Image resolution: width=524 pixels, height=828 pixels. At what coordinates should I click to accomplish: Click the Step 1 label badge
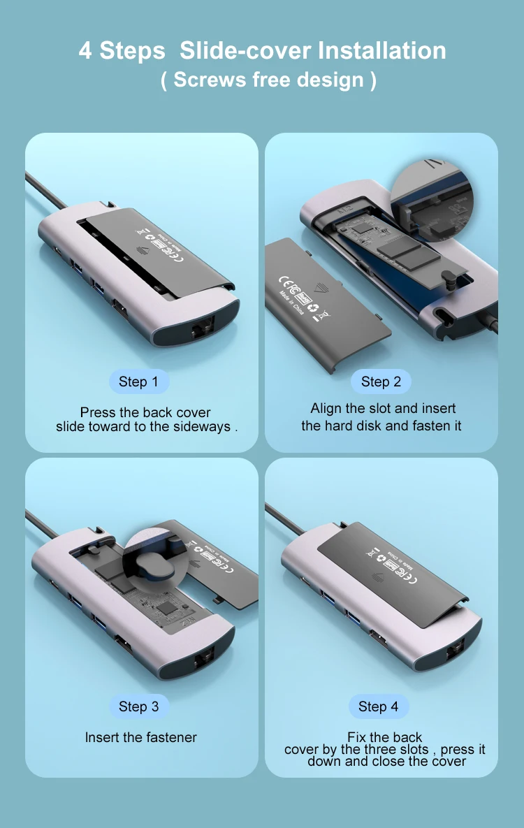point(138,382)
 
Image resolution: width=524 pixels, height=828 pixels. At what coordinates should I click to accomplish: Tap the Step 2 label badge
point(381,382)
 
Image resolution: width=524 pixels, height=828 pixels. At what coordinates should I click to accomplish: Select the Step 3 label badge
point(138,706)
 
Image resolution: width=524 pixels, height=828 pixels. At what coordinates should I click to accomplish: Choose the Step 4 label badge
point(378,706)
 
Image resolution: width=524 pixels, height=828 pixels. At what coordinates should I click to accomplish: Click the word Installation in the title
point(381,51)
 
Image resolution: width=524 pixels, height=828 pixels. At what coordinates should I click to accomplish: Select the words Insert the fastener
point(141,737)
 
